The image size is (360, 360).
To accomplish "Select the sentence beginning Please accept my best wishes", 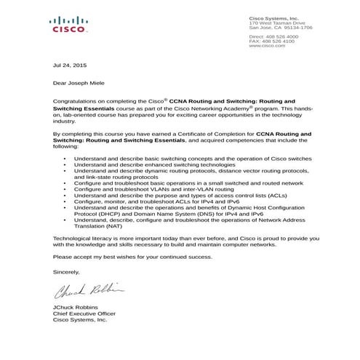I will coord(133,257).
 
